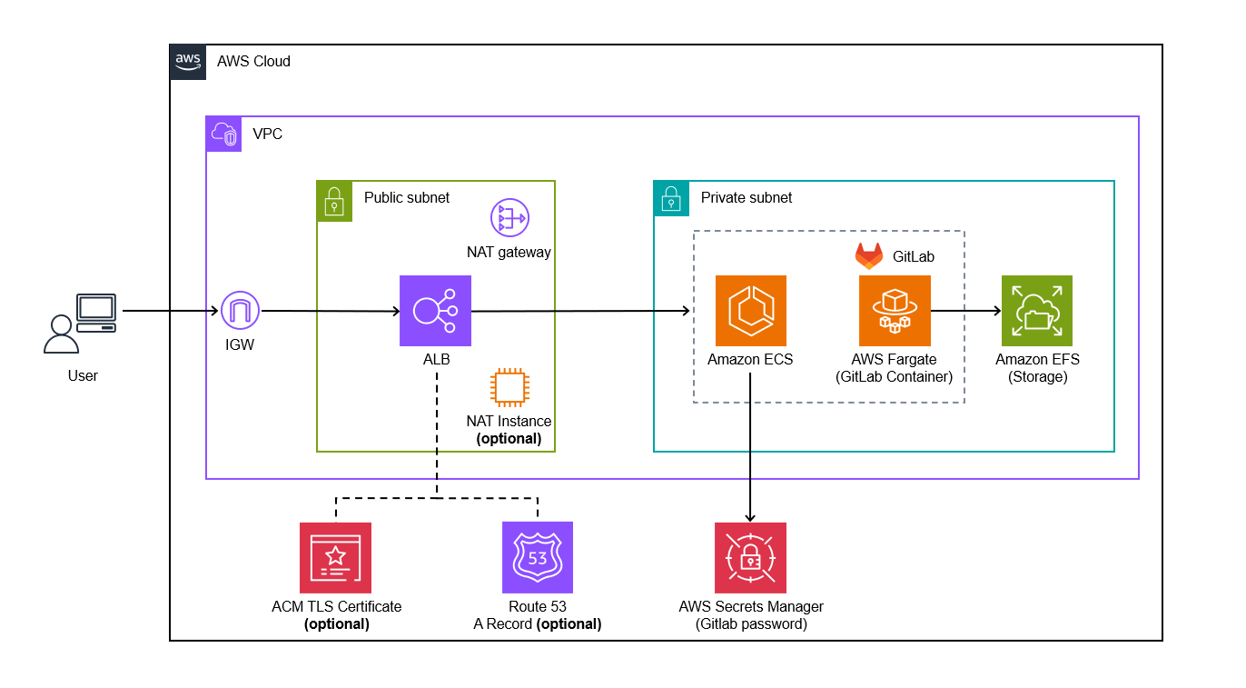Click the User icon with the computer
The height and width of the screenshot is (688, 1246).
coord(80,323)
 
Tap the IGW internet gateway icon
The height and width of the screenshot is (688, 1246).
coord(240,312)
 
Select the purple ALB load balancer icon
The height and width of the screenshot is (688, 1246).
coord(436,311)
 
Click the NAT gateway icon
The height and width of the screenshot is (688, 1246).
coord(509,219)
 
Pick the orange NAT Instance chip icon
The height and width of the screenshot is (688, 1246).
coord(509,387)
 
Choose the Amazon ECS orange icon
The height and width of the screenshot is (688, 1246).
coord(750,311)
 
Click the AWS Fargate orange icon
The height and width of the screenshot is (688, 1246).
coord(895,311)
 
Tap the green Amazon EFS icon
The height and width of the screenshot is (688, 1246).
coord(1037,311)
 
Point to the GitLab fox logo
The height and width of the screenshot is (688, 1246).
coord(869,256)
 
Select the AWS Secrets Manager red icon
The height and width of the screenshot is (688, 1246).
coord(750,557)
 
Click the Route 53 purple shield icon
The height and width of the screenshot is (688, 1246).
coord(538,557)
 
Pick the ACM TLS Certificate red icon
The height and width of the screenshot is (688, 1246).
coord(335,557)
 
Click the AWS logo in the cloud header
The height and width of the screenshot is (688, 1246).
coord(188,62)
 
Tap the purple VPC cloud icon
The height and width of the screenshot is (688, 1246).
coord(223,134)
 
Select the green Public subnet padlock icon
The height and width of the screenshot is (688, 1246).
coord(334,198)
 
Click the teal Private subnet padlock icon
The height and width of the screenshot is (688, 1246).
coord(671,198)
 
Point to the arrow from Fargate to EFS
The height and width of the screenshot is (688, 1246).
coord(965,312)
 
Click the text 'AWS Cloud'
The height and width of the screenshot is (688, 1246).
coord(253,62)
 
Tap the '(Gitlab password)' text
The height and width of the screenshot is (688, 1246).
coord(750,624)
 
